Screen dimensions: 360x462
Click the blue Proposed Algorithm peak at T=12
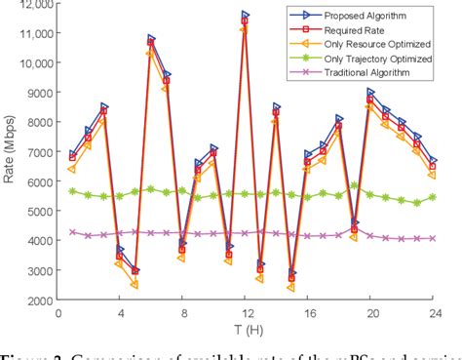pyautogui.click(x=245, y=16)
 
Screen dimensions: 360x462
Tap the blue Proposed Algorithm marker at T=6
pyautogui.click(x=151, y=40)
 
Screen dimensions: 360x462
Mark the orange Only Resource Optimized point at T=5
pyautogui.click(x=135, y=285)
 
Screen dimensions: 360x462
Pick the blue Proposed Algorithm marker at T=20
pyautogui.click(x=370, y=93)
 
